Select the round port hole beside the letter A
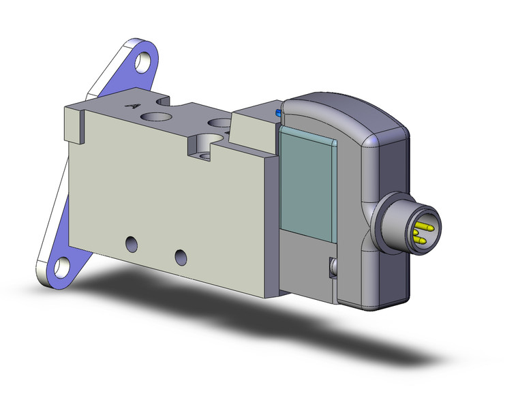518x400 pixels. [x=155, y=117]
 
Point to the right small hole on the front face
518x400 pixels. [x=180, y=256]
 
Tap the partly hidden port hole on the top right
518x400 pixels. [x=220, y=125]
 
